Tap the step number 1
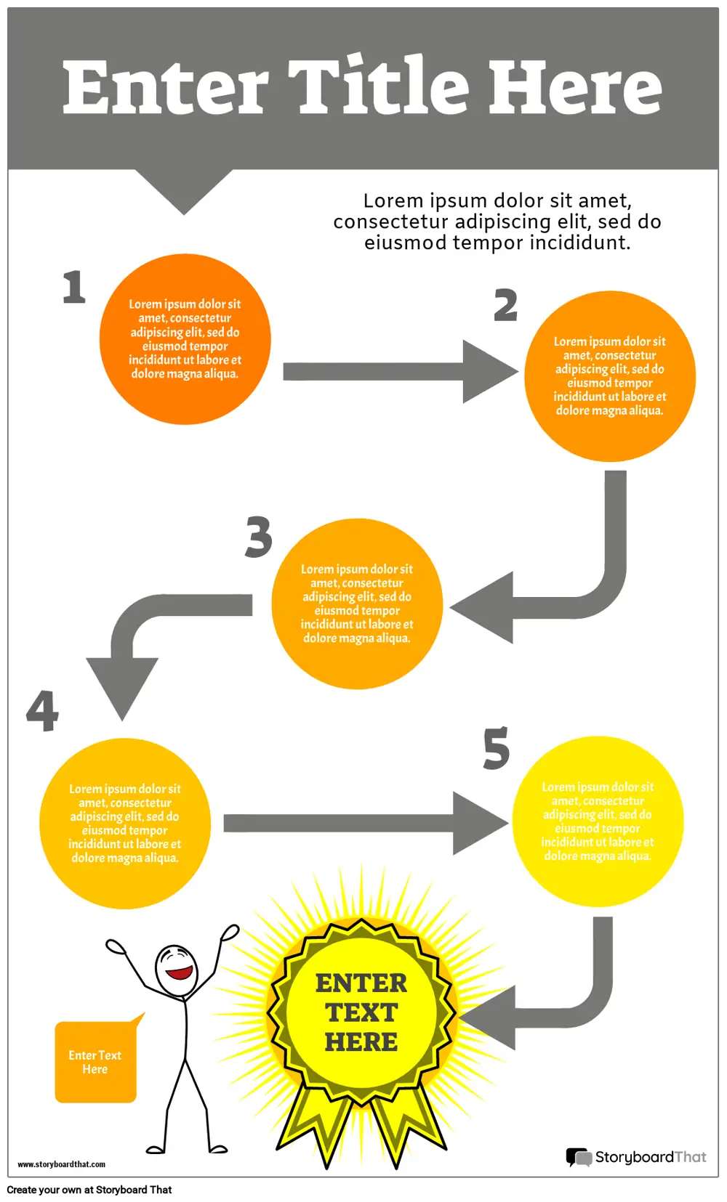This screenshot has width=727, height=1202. click(x=74, y=287)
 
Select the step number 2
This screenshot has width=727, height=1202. click(x=505, y=305)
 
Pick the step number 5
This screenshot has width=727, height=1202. click(x=496, y=748)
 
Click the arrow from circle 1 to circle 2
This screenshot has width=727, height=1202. click(x=401, y=371)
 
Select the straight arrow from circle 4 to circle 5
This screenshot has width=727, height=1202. click(x=366, y=823)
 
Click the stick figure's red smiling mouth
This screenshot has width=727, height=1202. click(x=179, y=972)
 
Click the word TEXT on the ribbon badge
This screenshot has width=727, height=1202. click(x=361, y=1012)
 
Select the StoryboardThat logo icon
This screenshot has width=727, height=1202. click(x=579, y=1157)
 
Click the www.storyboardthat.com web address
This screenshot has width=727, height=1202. click(x=61, y=1164)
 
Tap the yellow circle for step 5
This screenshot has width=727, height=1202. click(x=598, y=821)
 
